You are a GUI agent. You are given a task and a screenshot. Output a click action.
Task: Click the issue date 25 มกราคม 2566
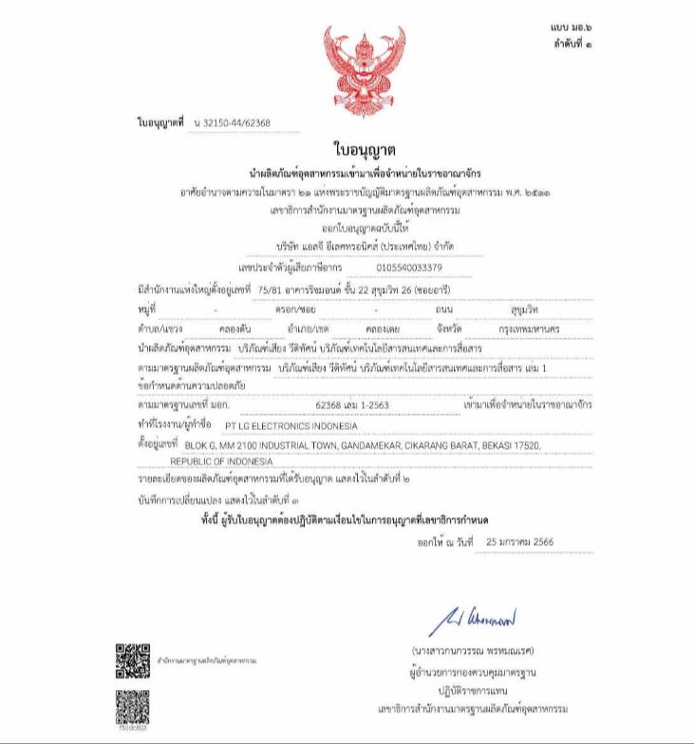pyautogui.click(x=519, y=541)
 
